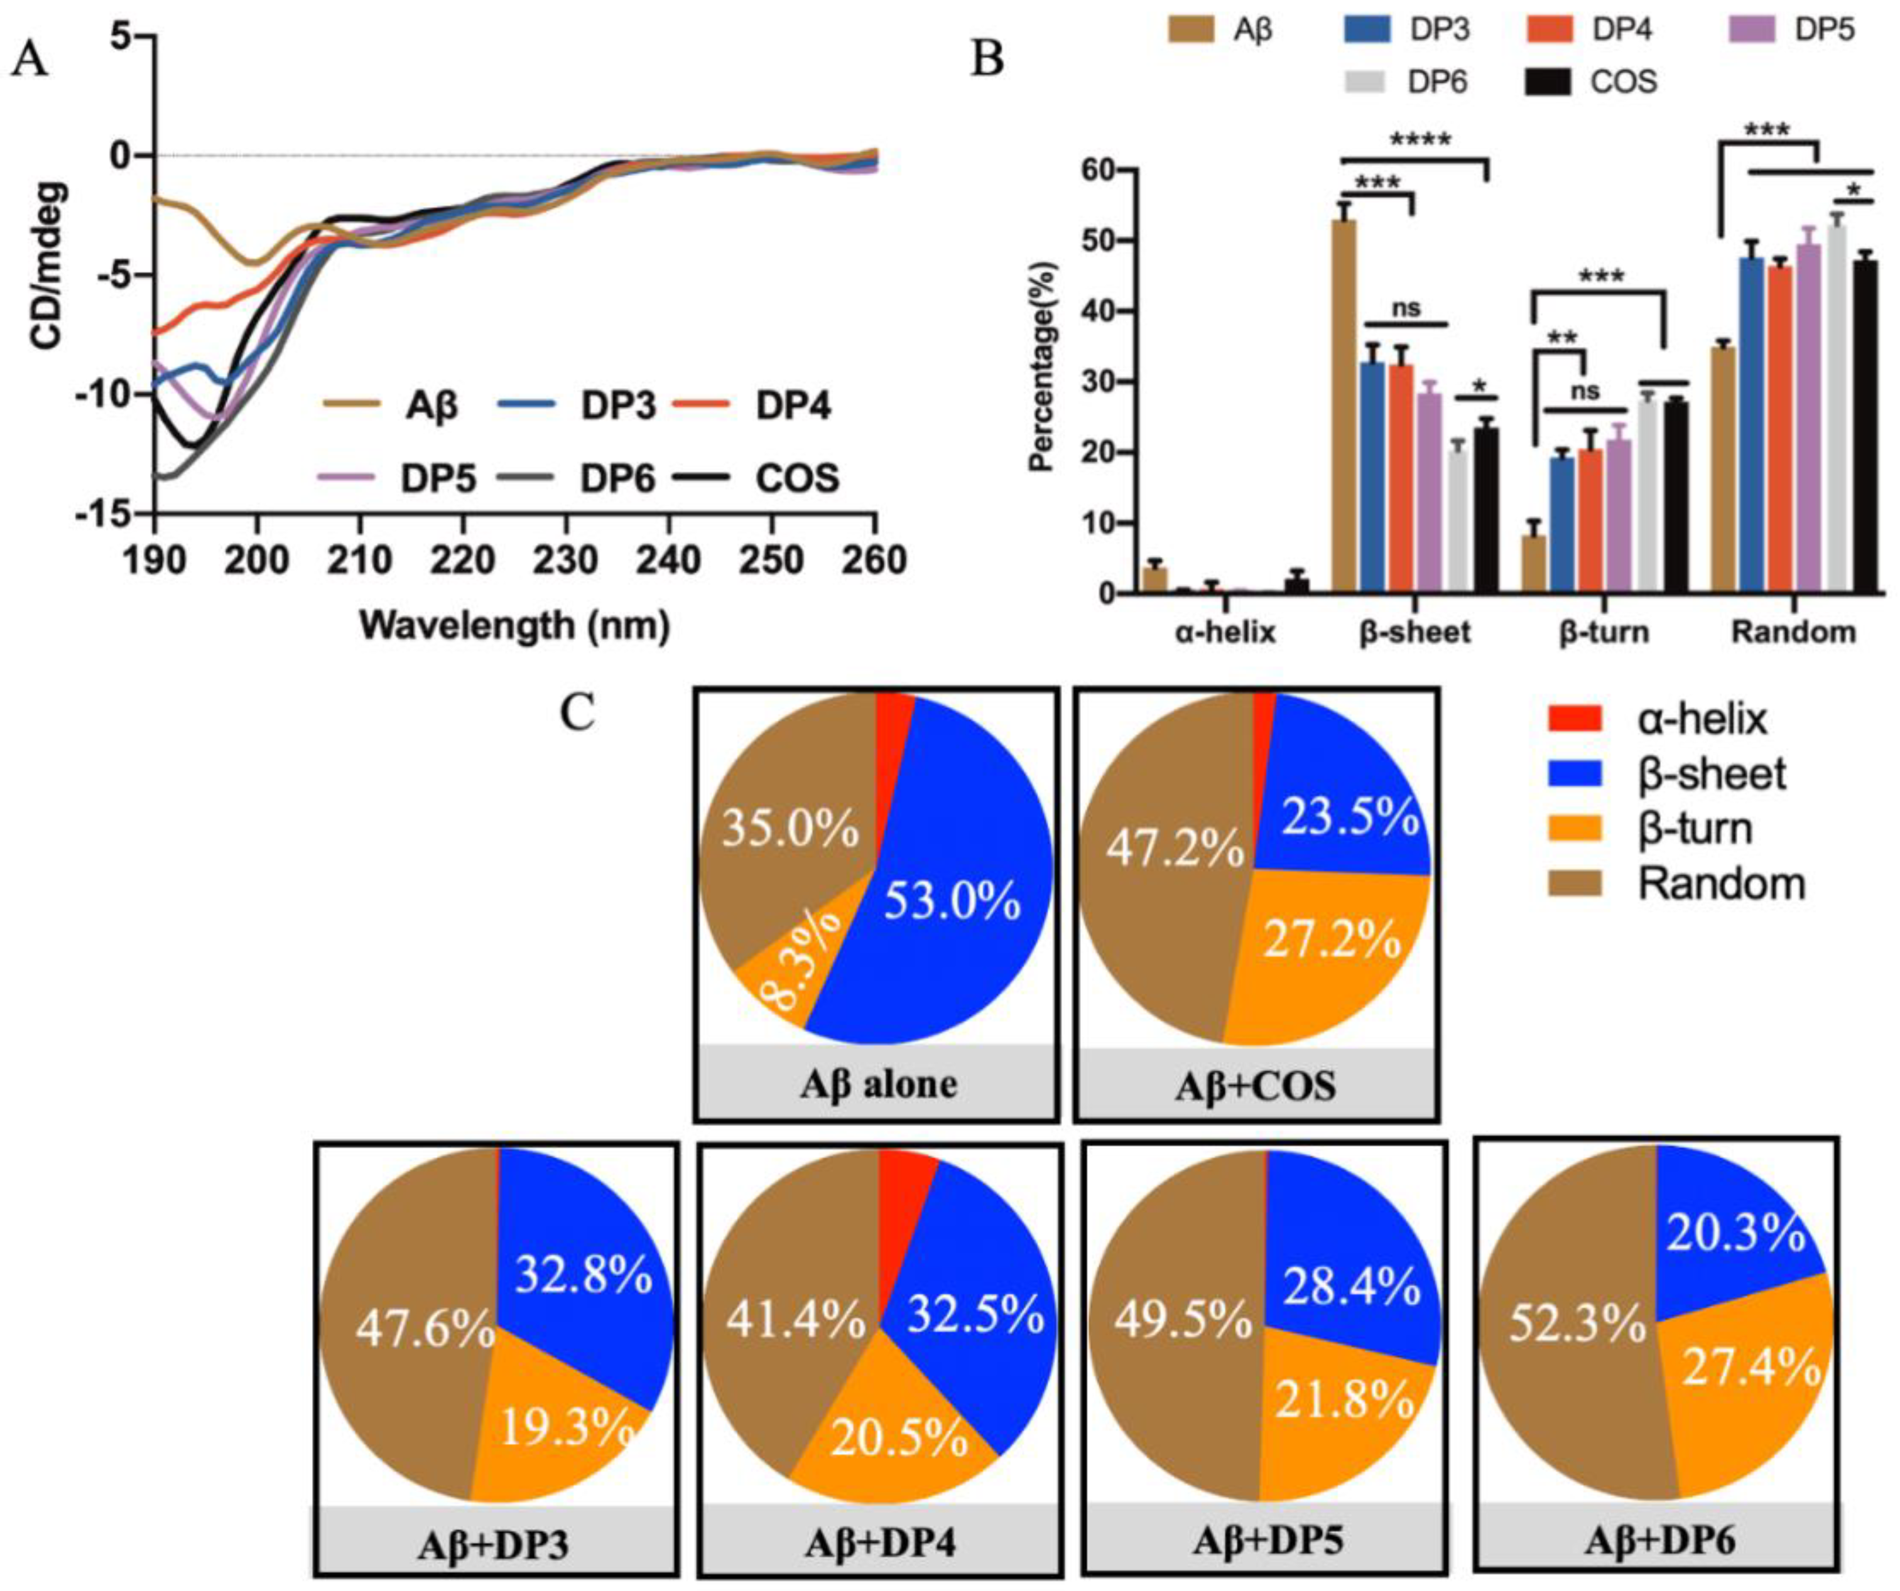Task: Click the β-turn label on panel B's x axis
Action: [1604, 632]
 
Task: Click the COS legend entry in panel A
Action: [796, 477]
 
